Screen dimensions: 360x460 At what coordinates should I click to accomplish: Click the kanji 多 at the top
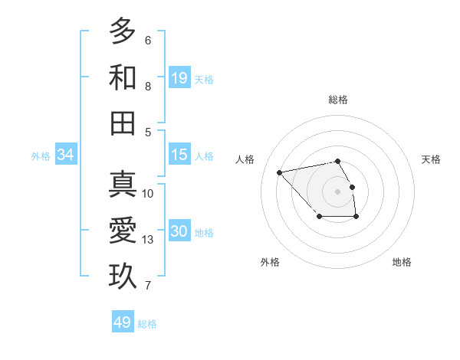[x=123, y=31]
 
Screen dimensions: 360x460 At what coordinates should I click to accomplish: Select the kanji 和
[x=123, y=77]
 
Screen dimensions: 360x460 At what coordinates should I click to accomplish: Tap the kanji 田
[x=123, y=123]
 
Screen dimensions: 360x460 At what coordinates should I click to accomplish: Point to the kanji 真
[x=123, y=185]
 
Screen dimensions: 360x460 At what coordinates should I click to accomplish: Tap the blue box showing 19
[x=179, y=77]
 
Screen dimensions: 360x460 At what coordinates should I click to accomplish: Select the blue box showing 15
[x=179, y=155]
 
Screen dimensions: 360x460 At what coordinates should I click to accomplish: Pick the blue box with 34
[x=65, y=155]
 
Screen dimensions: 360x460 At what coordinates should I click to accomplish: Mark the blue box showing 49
[x=123, y=322]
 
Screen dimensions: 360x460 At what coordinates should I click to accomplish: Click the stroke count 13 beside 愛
[x=148, y=240]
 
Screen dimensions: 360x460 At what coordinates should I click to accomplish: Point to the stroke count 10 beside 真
[x=148, y=194]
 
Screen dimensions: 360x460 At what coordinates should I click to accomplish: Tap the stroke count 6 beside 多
[x=148, y=41]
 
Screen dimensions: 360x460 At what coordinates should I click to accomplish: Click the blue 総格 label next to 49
[x=147, y=324]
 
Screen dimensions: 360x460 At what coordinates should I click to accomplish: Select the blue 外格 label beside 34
[x=41, y=155]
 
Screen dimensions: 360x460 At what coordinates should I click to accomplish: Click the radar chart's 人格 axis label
[x=245, y=159]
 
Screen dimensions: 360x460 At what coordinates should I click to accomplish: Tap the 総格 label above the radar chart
[x=337, y=100]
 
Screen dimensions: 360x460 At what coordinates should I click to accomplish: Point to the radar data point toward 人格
[x=280, y=172]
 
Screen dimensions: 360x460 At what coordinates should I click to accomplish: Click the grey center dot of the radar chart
[x=337, y=191]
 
